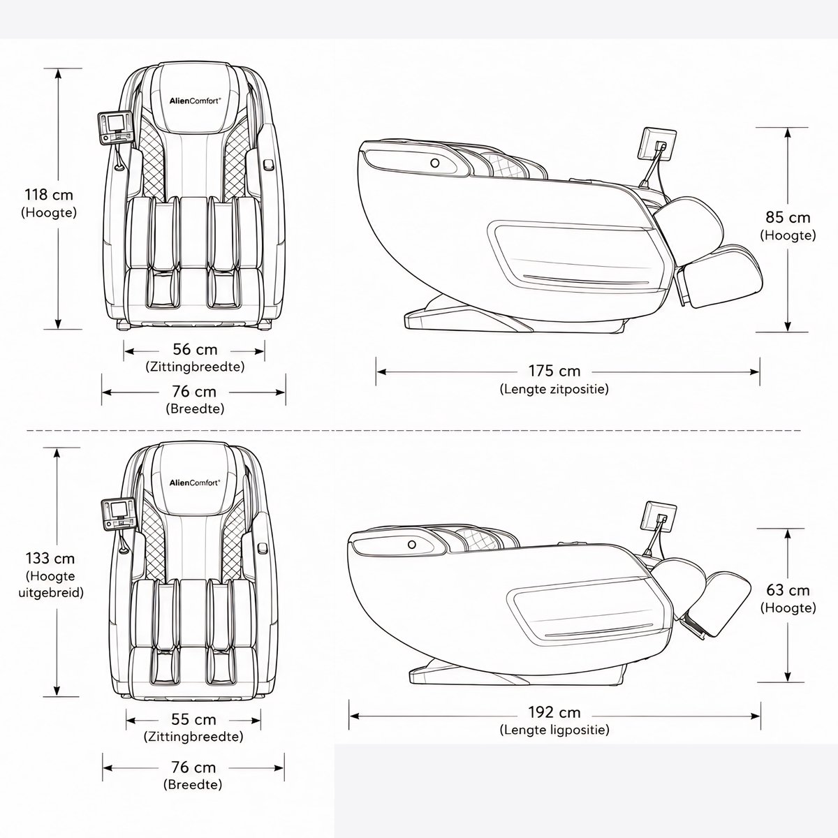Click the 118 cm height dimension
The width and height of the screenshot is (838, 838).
coord(49,194)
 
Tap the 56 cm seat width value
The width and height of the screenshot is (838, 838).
coord(195,349)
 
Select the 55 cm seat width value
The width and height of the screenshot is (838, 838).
coord(193,719)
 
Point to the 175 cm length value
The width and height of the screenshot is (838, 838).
coord(554,371)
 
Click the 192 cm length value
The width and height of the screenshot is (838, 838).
coord(554,712)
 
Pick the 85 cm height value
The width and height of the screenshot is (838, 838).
coord(788,217)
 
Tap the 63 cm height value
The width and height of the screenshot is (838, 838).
coord(788,590)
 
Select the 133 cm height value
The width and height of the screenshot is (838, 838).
coord(50,558)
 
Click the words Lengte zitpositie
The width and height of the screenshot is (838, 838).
coord(554,389)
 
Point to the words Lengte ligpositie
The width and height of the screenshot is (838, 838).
coord(554,730)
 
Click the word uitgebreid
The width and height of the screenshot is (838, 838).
coord(51,592)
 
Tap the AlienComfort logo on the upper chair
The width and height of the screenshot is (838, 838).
coord(196,101)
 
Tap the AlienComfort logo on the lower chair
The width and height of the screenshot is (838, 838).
coord(195,483)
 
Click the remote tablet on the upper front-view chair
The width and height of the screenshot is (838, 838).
coord(115,128)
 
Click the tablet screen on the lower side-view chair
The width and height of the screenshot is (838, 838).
coord(660,517)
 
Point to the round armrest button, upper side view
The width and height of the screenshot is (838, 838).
coord(435,163)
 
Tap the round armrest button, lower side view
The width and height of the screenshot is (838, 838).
coord(412,544)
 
